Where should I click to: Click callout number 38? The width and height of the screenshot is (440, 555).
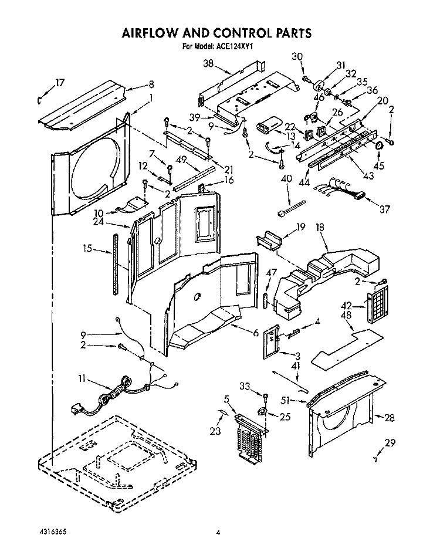click(209, 64)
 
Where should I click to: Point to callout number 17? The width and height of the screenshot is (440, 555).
click(60, 83)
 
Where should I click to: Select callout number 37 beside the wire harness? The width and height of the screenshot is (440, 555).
click(385, 209)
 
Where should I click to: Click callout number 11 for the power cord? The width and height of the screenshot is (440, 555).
click(82, 379)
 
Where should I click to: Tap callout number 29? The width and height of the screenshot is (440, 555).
click(390, 443)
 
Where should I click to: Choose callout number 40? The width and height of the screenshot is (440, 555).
click(286, 179)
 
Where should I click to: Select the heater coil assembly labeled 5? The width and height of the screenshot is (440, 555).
click(251, 439)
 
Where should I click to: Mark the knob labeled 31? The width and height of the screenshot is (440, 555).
click(320, 85)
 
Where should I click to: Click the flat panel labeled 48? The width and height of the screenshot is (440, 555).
click(347, 347)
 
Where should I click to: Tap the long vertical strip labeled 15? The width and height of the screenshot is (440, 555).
click(115, 263)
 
